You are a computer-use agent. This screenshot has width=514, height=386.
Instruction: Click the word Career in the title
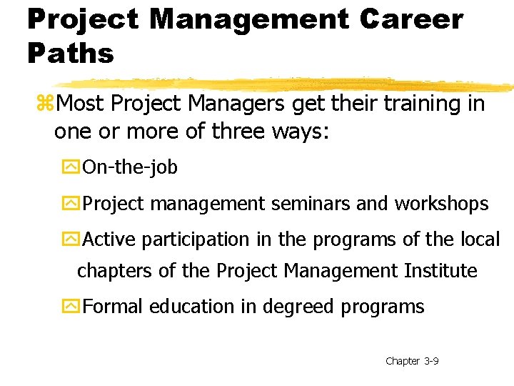point(411,19)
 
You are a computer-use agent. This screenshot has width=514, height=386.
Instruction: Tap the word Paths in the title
point(71,52)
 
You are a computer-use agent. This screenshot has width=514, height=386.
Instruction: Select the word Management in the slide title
point(251,19)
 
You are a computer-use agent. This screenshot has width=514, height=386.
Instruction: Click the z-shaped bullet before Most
point(46,104)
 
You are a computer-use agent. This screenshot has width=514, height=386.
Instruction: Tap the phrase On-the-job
point(130,168)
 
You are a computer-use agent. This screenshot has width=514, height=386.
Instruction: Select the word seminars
point(309,204)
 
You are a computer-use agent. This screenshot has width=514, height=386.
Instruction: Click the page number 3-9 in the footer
point(431,361)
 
